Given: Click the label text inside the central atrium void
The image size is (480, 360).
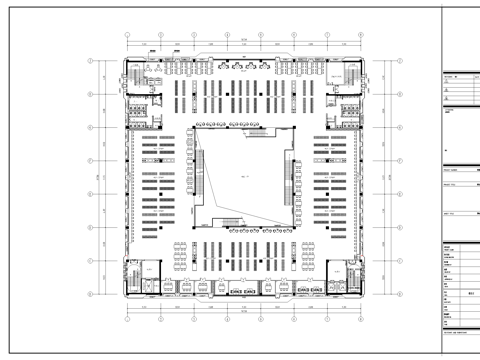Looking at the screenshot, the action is (244, 176).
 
